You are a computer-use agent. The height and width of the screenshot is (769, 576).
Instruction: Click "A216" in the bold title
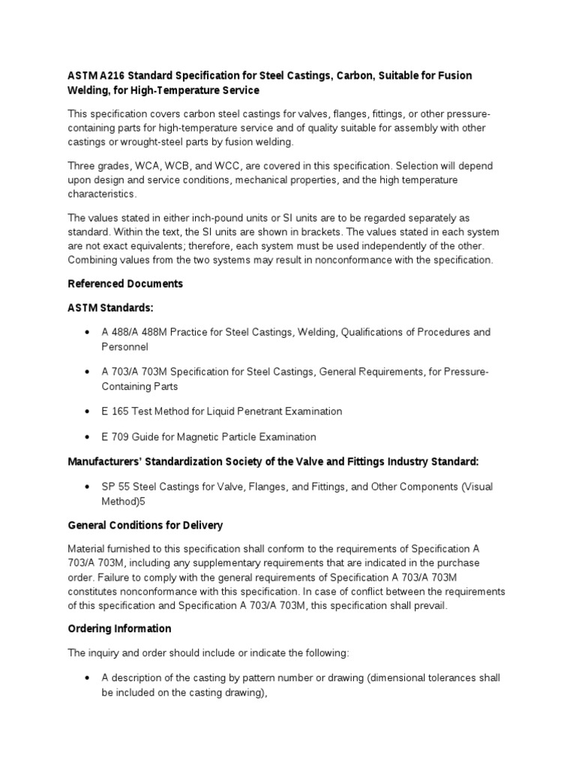[110, 77]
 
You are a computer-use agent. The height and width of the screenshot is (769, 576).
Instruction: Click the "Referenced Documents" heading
[125, 284]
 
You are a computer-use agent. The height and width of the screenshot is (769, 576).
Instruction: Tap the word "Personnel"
[125, 347]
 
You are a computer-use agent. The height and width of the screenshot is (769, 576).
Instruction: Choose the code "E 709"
[115, 437]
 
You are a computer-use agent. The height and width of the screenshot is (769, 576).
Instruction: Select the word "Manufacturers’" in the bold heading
[107, 461]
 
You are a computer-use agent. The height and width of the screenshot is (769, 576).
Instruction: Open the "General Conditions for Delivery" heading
[145, 525]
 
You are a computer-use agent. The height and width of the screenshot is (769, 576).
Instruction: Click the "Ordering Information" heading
[120, 629]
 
